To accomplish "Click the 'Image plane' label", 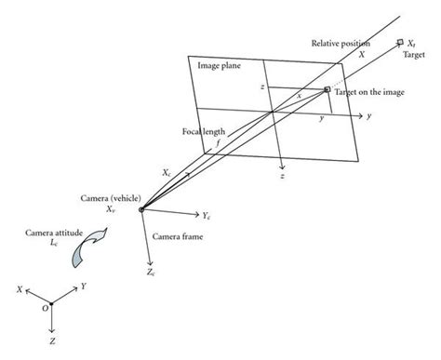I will [x=221, y=66].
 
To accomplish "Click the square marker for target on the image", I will [x=327, y=89].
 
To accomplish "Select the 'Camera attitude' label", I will [x=44, y=227].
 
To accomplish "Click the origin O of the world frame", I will [x=51, y=302].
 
